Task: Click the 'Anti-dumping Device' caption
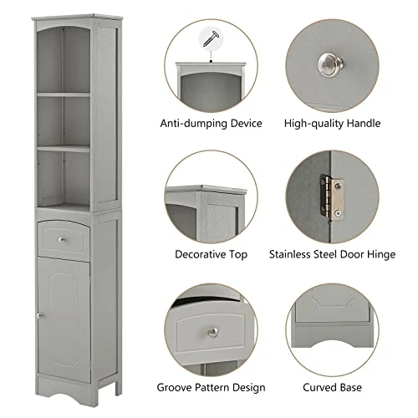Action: [212, 124]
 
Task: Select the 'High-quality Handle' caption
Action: [333, 124]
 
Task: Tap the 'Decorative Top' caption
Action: [211, 252]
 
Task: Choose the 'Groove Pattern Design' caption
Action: [212, 387]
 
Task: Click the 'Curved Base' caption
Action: [333, 387]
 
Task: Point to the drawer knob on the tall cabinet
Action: [64, 241]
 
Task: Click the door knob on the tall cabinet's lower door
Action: [38, 316]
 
